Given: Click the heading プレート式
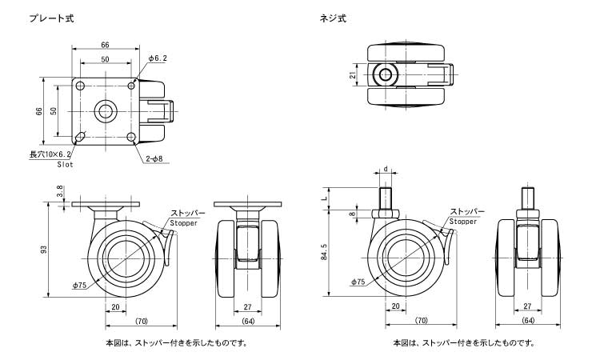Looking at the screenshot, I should [x=51, y=17].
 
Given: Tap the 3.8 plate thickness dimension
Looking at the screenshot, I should [x=61, y=192].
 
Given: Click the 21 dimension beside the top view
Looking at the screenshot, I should [x=352, y=75].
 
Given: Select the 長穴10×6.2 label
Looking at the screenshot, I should [x=50, y=154].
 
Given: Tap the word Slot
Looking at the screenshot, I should [x=65, y=163].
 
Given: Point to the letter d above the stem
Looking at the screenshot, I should [x=386, y=169].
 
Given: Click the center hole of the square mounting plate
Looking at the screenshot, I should [x=106, y=110].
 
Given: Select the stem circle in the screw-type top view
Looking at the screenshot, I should [x=386, y=75].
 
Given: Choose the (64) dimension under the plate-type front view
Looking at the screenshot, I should [x=247, y=322].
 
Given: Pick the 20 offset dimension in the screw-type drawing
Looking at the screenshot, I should [x=395, y=306].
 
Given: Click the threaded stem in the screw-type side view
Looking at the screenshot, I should [x=386, y=197].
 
